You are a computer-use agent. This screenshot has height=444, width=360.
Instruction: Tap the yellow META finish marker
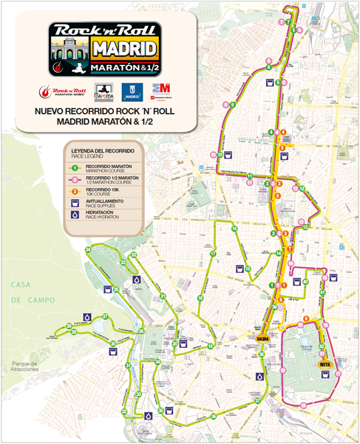324,365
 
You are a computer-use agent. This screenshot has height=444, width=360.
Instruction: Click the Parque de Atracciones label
30,367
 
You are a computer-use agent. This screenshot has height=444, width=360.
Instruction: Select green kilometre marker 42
322,346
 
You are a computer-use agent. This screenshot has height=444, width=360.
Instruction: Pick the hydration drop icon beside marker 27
87,316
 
